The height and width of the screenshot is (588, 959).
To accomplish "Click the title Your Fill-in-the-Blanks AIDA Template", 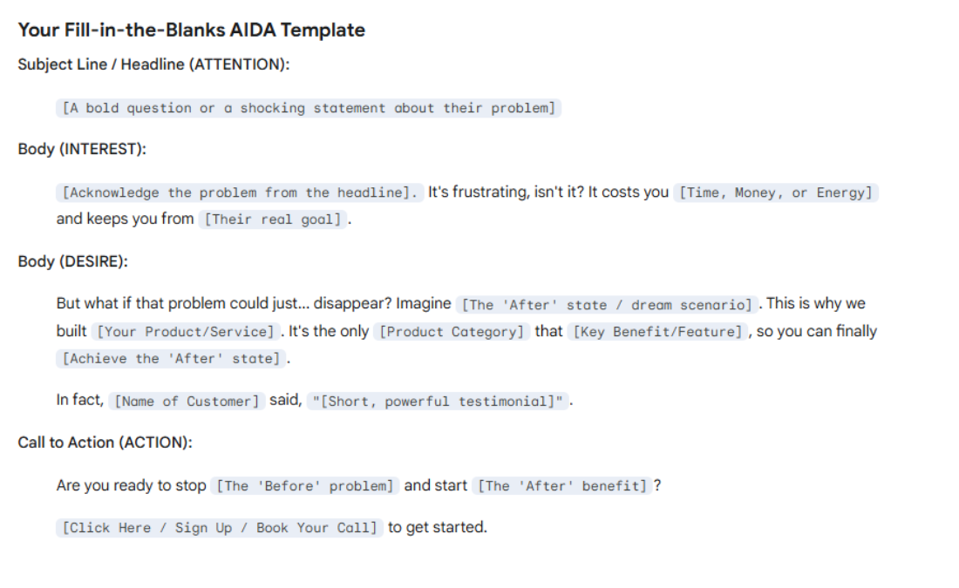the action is [x=191, y=30].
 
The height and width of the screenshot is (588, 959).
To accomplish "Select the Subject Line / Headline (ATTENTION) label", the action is [x=153, y=64].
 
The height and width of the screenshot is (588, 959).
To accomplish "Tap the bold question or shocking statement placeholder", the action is [x=309, y=108].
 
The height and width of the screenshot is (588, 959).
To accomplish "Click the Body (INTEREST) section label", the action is [x=82, y=149].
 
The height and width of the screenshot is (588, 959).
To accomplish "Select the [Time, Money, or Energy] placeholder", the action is [x=776, y=193].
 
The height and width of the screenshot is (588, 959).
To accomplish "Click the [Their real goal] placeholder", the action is [x=273, y=220].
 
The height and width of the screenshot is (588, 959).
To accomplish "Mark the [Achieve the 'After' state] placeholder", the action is [x=172, y=359].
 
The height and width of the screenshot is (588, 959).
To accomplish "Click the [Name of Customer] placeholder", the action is [x=187, y=402].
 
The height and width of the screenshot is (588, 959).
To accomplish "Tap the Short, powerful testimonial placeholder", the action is [x=439, y=402].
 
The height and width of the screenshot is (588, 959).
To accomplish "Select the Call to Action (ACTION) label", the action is [x=105, y=443].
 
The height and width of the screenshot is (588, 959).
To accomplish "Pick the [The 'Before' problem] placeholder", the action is [x=305, y=486].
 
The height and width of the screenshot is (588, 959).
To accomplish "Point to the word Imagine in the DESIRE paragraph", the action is [x=424, y=304].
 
